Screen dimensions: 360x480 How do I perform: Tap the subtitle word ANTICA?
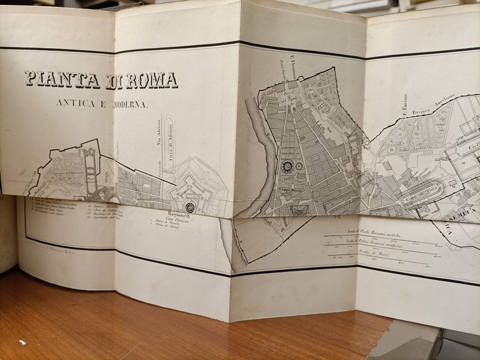click(76, 104)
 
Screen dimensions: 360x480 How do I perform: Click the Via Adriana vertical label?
click(159, 132)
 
